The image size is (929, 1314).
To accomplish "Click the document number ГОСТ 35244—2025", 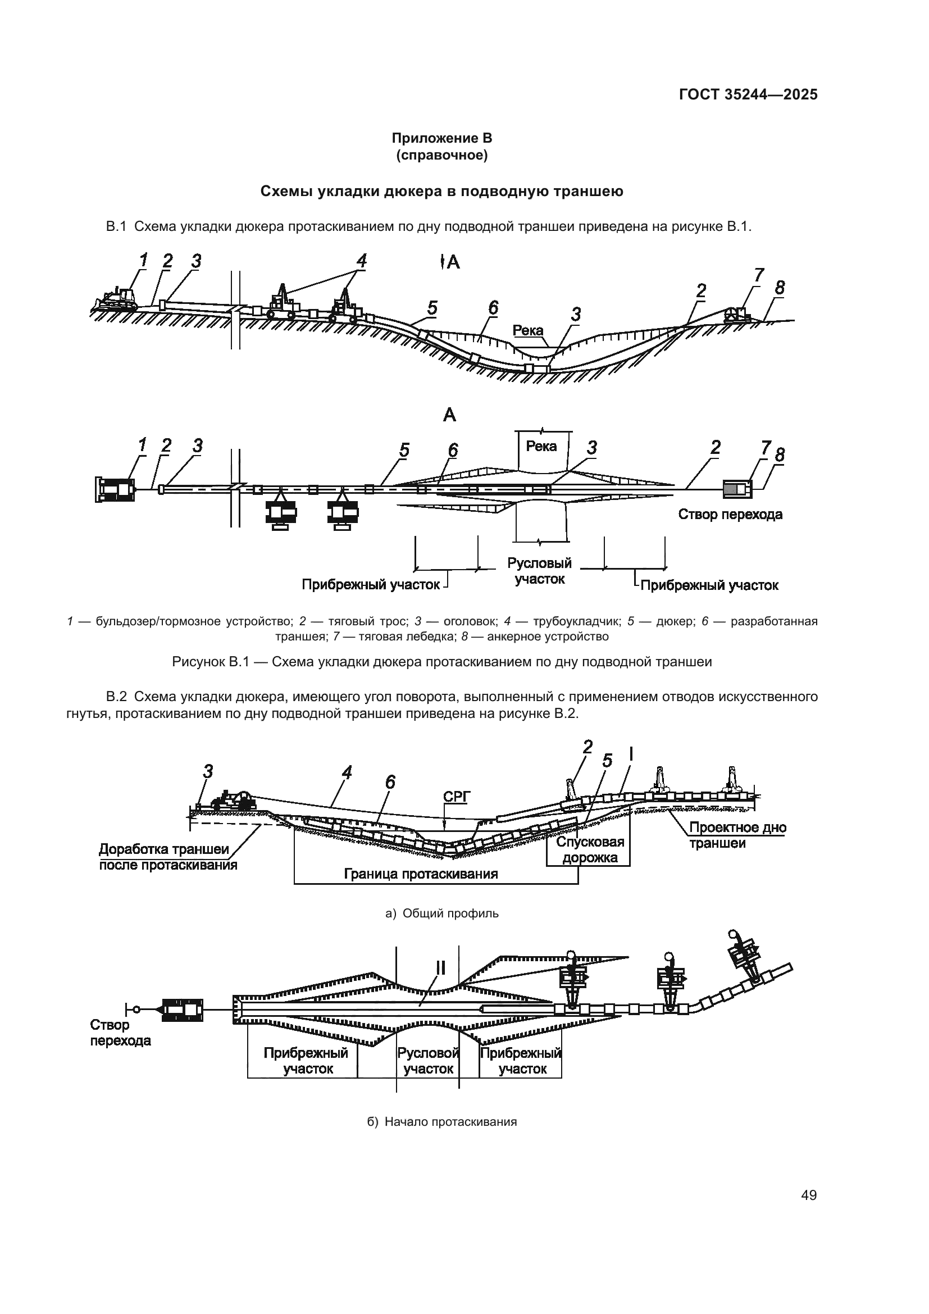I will pyautogui.click(x=748, y=94).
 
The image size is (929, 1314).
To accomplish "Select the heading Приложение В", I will pyautogui.click(x=441, y=138).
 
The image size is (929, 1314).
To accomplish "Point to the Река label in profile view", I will pyautogui.click(x=527, y=330).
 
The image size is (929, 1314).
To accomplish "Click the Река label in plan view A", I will pyautogui.click(x=541, y=446).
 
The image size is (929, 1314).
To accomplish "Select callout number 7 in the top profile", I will pyautogui.click(x=758, y=275).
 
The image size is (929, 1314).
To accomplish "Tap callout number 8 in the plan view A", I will pyautogui.click(x=779, y=455).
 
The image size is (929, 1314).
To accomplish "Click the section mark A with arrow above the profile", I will pyautogui.click(x=450, y=262).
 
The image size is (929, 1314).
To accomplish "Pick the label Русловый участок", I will pyautogui.click(x=539, y=571).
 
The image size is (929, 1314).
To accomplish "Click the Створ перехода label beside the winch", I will pyautogui.click(x=730, y=514).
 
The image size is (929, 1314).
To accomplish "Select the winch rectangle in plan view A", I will pyautogui.click(x=737, y=488).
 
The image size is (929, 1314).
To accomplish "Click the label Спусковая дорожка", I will pyautogui.click(x=590, y=849).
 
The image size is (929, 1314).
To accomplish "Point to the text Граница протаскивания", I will pyautogui.click(x=421, y=874).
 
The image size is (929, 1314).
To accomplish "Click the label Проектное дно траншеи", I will pyautogui.click(x=737, y=835).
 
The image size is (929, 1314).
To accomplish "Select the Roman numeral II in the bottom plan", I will pyautogui.click(x=440, y=967).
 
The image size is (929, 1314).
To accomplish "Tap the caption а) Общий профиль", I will pyautogui.click(x=441, y=913).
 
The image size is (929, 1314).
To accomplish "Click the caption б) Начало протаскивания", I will pyautogui.click(x=441, y=1122).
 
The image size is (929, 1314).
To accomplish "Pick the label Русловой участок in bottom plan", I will pyautogui.click(x=429, y=1061).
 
